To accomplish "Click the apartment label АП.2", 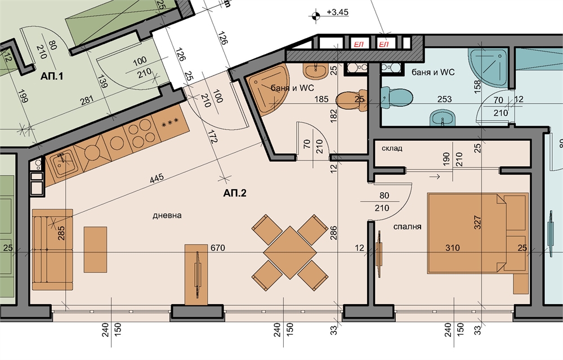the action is click(235, 193).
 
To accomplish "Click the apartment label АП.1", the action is click(52, 76).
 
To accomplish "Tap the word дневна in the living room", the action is click(167, 216).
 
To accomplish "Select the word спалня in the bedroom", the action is click(407, 226).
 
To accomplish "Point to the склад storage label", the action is click(392, 148).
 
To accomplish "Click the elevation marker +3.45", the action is click(337, 12).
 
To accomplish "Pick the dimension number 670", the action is click(217, 247).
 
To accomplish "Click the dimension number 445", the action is click(157, 178).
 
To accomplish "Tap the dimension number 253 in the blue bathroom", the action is click(444, 99).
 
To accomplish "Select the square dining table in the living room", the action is click(290, 252).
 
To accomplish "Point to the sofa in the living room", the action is click(52, 250).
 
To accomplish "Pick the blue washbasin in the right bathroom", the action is click(443, 118).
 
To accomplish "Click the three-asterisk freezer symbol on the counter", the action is click(170, 123).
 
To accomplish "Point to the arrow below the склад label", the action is click(435, 176).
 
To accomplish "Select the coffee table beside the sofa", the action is click(95, 250).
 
